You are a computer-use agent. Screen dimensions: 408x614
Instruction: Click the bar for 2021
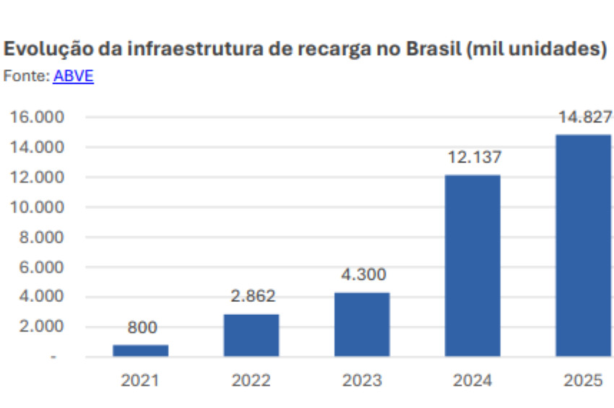tap(141, 350)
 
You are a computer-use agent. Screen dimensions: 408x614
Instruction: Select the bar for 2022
tap(251, 335)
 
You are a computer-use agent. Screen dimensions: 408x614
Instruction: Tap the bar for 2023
tap(362, 324)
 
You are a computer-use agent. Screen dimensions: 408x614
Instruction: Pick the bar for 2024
tap(472, 265)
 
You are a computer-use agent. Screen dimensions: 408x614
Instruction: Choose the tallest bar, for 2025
tap(583, 246)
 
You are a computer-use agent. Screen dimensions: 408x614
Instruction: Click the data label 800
tap(142, 327)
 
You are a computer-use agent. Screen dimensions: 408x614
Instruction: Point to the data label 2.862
tap(251, 296)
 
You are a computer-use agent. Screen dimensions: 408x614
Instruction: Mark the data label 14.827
tap(584, 117)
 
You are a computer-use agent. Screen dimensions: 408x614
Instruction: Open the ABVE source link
tap(73, 75)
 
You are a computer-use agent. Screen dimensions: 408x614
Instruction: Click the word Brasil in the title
tap(431, 50)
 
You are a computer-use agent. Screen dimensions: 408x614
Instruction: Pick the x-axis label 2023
tap(362, 381)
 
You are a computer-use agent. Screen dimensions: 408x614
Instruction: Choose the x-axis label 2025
tap(583, 381)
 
